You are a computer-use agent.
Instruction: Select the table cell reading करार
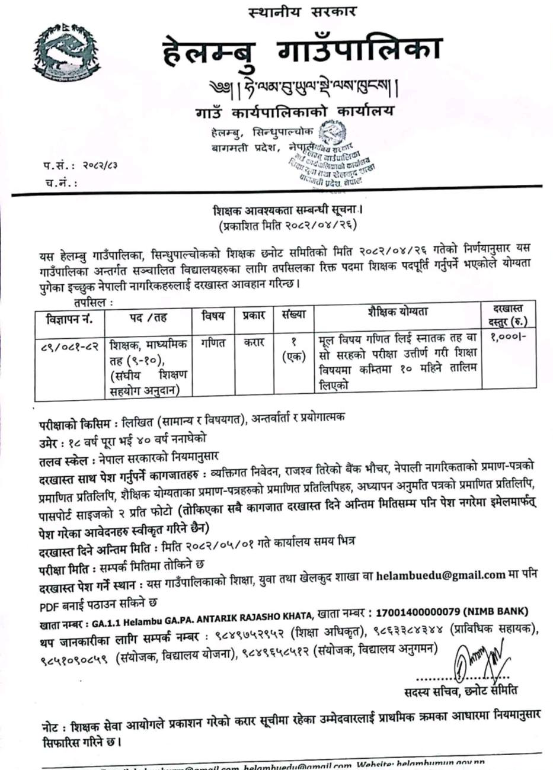(x=254, y=343)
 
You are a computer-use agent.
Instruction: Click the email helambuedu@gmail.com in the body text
(x=440, y=575)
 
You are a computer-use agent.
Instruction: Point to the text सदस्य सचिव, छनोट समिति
(x=461, y=691)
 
